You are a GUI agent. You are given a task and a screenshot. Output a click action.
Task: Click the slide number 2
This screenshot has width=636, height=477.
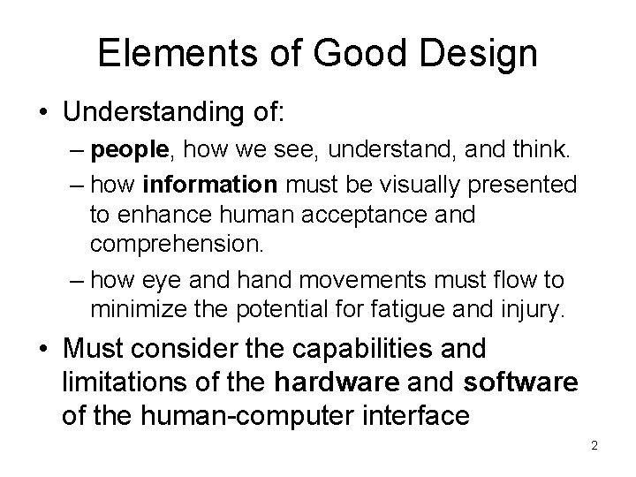click(x=594, y=446)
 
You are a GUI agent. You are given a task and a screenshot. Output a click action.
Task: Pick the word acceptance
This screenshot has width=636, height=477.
click(x=375, y=214)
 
